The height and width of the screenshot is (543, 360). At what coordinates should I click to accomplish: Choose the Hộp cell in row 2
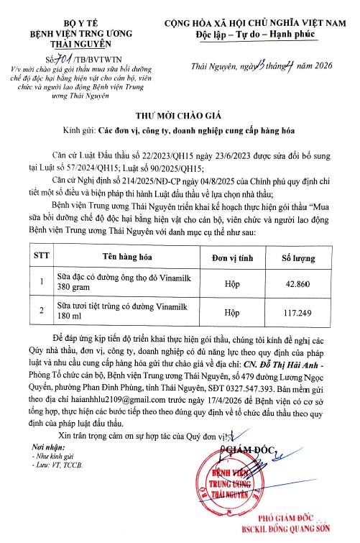[231, 314]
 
